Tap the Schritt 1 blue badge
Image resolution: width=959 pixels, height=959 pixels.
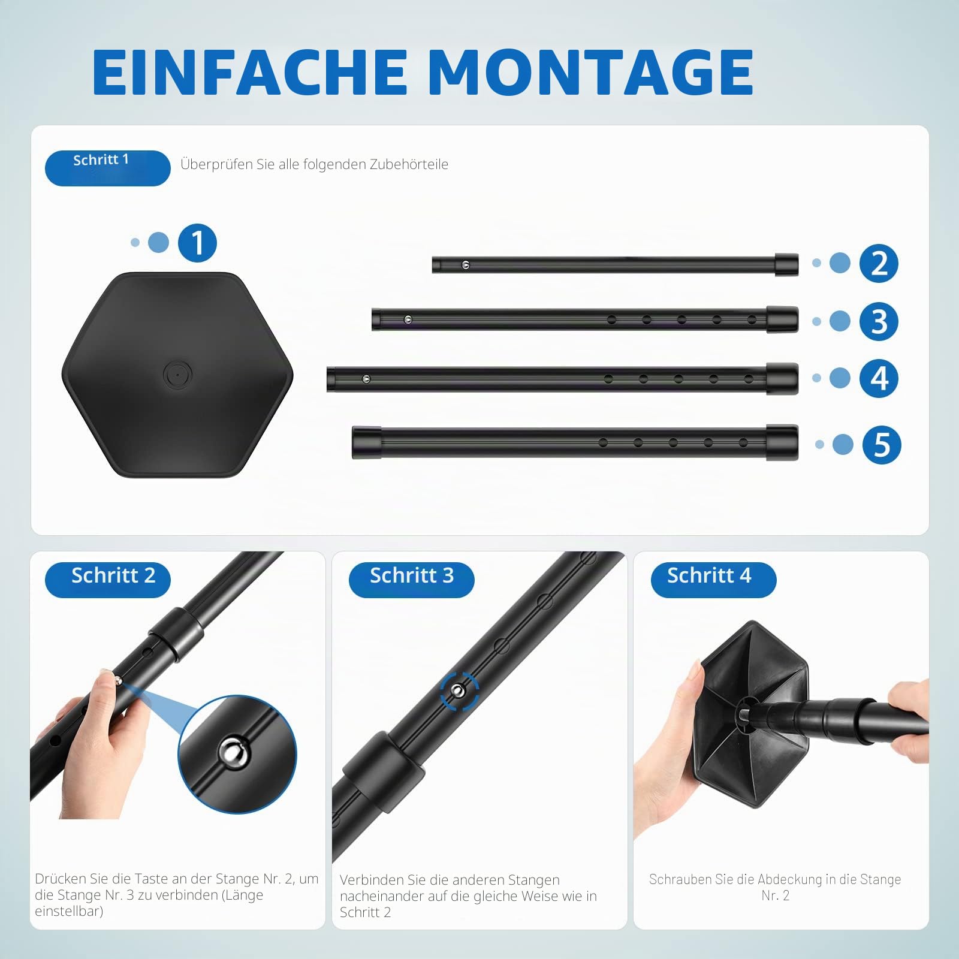click(x=108, y=168)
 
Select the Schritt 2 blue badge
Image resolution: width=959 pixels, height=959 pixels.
click(x=108, y=580)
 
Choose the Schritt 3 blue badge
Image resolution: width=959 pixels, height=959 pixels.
click(x=411, y=580)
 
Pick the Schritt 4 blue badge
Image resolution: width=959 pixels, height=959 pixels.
click(x=713, y=580)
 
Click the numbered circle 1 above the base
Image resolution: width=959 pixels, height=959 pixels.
click(x=197, y=243)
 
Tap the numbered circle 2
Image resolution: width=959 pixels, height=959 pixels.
click(x=879, y=263)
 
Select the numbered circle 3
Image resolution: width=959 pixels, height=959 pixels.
click(x=879, y=321)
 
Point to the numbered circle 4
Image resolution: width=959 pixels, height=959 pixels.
click(x=879, y=378)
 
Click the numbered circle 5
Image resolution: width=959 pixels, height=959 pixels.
click(x=882, y=445)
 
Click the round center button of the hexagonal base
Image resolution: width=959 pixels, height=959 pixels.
click(x=177, y=375)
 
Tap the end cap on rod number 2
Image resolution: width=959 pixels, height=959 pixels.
click(x=786, y=264)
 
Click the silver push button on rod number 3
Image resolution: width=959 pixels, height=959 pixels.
click(x=408, y=319)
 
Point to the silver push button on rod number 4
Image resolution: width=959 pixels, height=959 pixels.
click(x=366, y=379)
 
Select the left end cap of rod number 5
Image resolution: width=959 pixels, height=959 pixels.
click(x=367, y=443)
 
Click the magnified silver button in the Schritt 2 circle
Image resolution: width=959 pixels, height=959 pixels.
click(x=233, y=752)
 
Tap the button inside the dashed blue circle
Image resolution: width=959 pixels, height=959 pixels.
click(x=459, y=691)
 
